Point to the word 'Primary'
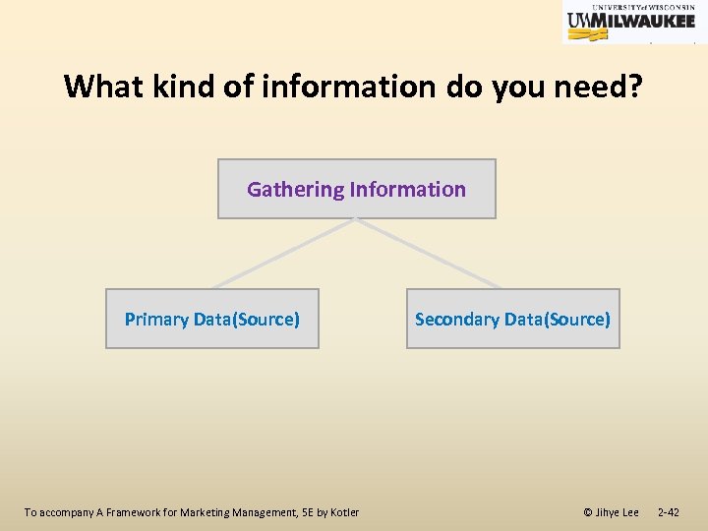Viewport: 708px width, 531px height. [156, 320]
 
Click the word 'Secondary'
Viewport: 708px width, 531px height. [456, 320]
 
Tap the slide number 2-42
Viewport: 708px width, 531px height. [668, 512]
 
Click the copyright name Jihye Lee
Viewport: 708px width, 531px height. [618, 512]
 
